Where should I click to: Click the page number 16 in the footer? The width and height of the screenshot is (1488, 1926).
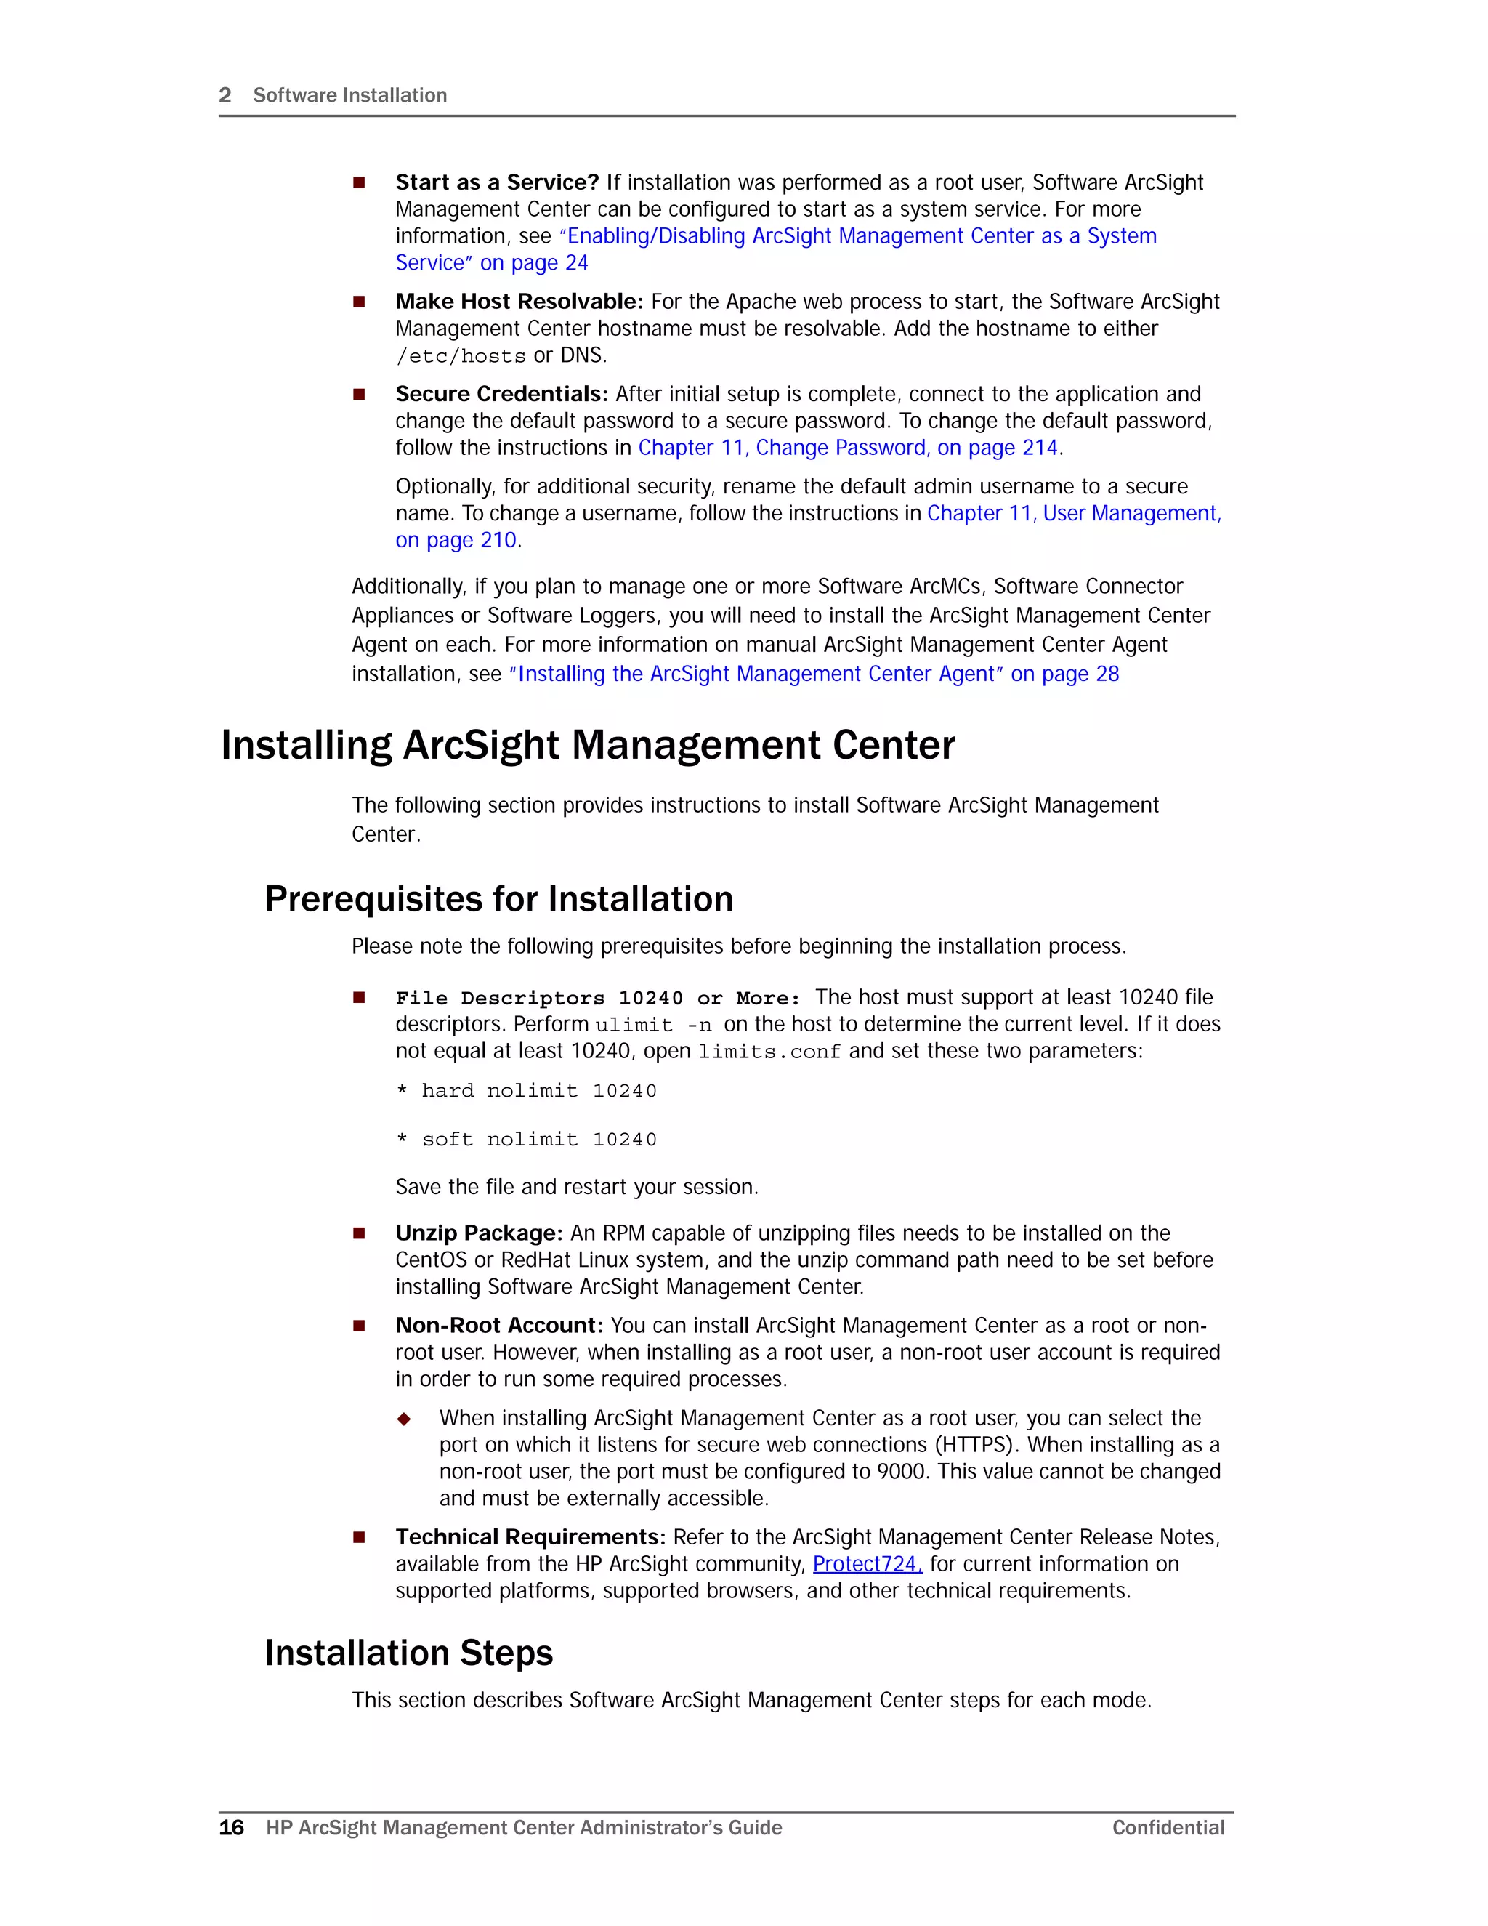[x=231, y=1827]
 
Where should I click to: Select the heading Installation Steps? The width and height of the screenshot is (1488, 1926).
[x=409, y=1653]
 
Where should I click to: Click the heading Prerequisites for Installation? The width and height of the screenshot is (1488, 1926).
[x=499, y=898]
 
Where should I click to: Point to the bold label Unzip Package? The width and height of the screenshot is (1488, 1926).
[x=479, y=1233]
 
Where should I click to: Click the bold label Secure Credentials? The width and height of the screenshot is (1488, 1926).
[x=501, y=393]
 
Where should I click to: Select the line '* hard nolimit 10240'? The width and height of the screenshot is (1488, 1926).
[x=526, y=1091]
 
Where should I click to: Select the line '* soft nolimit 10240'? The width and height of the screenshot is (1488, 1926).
[x=526, y=1140]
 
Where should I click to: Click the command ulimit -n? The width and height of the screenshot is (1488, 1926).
[x=653, y=1025]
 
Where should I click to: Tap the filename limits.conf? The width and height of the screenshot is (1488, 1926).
[x=769, y=1052]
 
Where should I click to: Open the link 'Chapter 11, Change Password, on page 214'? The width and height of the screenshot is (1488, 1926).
[x=847, y=448]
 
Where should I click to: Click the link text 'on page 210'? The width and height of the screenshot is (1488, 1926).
[x=455, y=541]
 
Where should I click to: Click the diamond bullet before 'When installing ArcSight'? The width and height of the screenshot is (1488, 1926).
[x=404, y=1419]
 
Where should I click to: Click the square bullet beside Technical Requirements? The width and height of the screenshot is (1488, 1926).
[x=359, y=1537]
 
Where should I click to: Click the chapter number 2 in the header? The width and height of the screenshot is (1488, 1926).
[x=225, y=95]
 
